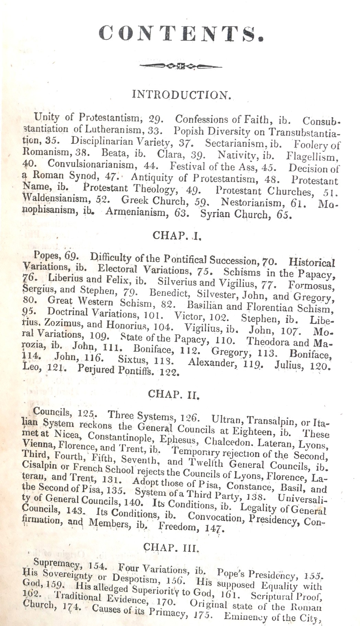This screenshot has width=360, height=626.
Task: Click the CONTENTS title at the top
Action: (181, 34)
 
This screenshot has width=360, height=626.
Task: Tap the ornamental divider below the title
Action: (181, 66)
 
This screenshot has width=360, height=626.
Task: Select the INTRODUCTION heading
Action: (181, 95)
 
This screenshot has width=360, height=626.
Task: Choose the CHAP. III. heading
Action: (171, 547)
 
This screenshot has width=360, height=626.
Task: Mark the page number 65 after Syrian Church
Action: (286, 216)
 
